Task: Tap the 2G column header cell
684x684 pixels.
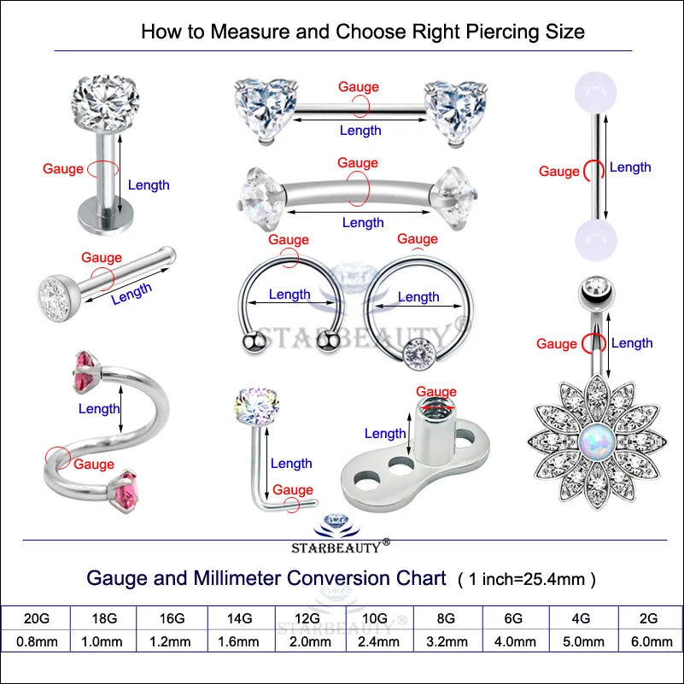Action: click(x=650, y=618)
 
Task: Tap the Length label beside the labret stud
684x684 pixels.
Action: click(x=149, y=185)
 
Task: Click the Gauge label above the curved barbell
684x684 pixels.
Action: click(x=358, y=163)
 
